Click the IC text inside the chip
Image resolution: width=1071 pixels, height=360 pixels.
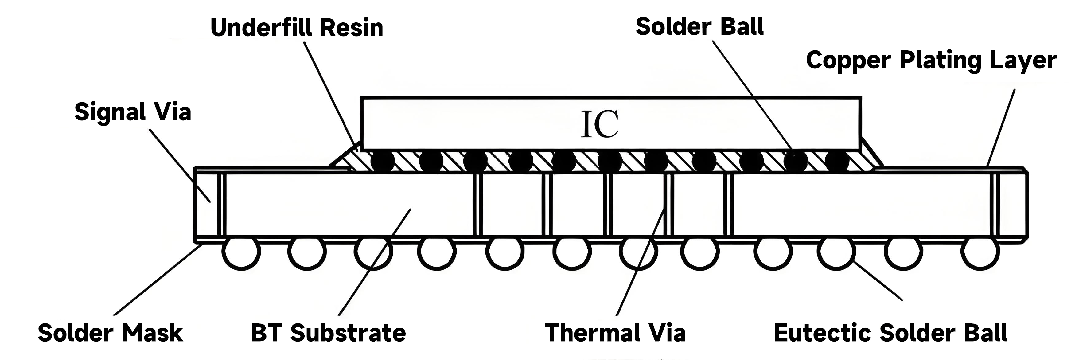[599, 124]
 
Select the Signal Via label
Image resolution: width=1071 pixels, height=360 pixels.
[133, 112]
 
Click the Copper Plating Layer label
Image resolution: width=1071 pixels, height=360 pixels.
[931, 60]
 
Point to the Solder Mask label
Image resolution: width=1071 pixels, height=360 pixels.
[110, 333]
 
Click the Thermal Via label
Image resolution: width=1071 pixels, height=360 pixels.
[615, 333]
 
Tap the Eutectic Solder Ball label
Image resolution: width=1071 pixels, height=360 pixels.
[890, 333]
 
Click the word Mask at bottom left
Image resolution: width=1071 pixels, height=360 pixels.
[153, 333]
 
